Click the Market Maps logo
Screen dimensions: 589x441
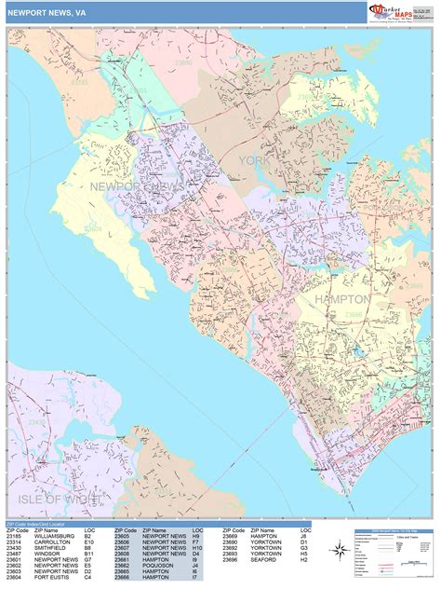click(x=392, y=10)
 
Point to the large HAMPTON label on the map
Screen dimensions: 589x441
click(x=343, y=299)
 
